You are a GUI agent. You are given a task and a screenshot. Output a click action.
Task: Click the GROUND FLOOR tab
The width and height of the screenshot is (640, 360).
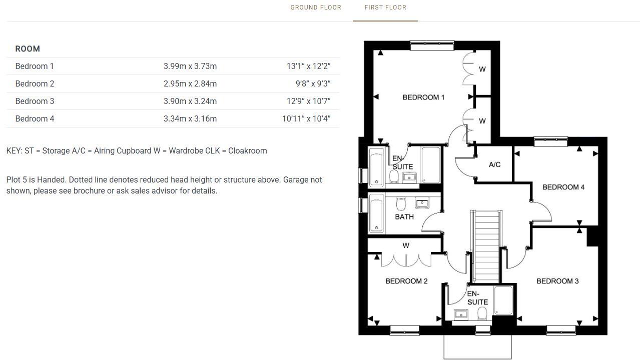coord(316,7)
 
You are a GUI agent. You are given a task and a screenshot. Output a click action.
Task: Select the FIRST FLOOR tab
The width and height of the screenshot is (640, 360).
coord(385,7)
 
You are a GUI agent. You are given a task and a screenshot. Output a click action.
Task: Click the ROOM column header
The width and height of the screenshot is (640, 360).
coord(28,49)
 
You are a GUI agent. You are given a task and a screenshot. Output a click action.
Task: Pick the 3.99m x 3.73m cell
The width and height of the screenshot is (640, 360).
coord(190,66)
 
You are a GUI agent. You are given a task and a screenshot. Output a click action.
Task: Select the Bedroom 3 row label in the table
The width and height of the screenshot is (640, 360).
coord(35,101)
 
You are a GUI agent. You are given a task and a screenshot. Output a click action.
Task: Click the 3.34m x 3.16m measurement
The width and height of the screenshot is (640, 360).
coord(190,118)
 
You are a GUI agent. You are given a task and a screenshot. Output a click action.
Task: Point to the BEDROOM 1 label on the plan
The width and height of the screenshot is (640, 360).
coord(423,97)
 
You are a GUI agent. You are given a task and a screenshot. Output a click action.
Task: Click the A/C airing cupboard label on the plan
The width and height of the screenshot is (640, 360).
coord(494,164)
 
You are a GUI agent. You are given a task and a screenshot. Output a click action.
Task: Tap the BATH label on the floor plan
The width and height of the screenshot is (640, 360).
coord(404,217)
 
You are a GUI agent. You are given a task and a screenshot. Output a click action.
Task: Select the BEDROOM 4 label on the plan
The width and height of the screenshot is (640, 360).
coord(563,187)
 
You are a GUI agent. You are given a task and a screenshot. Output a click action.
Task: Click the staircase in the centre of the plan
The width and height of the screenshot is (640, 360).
coord(485,245)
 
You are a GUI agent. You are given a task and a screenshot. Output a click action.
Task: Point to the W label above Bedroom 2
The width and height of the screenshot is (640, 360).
coord(406,245)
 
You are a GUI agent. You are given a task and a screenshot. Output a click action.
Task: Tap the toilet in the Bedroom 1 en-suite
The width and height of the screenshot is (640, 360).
coord(394,176)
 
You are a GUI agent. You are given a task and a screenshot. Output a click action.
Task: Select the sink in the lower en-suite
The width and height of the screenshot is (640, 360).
coord(461,314)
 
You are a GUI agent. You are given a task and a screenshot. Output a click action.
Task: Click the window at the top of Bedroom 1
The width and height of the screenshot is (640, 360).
coord(432,45)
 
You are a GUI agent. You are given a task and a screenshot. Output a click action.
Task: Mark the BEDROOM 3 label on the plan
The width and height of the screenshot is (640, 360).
coord(557,281)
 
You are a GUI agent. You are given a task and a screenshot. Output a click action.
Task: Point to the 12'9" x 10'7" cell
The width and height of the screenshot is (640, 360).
coord(308,101)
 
